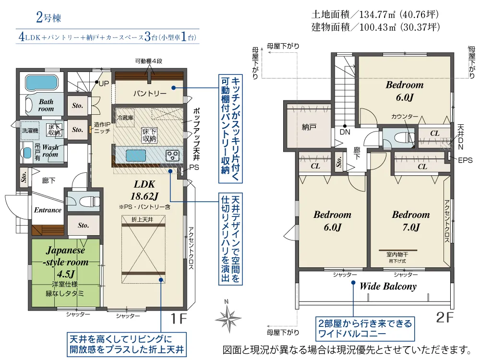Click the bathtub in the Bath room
tap(41, 82)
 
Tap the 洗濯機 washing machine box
tap(30, 131)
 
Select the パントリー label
tap(150, 94)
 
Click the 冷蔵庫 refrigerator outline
tap(125, 118)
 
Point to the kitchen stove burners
tap(172, 155)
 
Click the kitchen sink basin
tap(136, 155)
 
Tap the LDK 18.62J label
tap(144, 190)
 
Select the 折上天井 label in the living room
tap(143, 219)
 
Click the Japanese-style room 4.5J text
tap(65, 262)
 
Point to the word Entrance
tap(48, 210)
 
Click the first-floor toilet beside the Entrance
tap(89, 202)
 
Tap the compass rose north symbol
tap(228, 318)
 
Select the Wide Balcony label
tap(388, 286)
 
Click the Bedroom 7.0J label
tap(411, 221)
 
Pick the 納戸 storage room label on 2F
tap(309, 127)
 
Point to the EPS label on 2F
tap(465, 160)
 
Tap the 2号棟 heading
tap(48, 17)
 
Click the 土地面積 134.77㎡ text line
tap(375, 14)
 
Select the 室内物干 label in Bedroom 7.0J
tap(397, 254)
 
